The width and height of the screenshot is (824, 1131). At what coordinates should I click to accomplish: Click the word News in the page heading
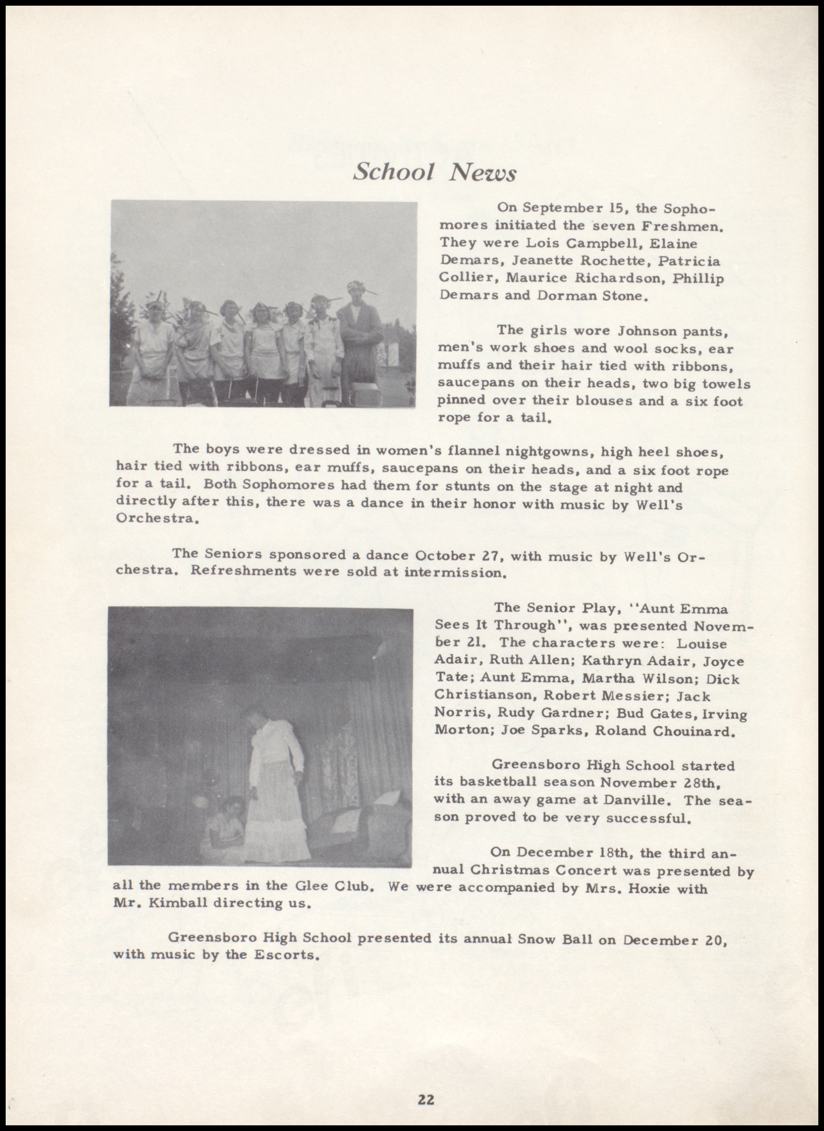tap(482, 173)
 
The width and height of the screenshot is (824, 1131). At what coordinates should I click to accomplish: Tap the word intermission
tap(455, 572)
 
